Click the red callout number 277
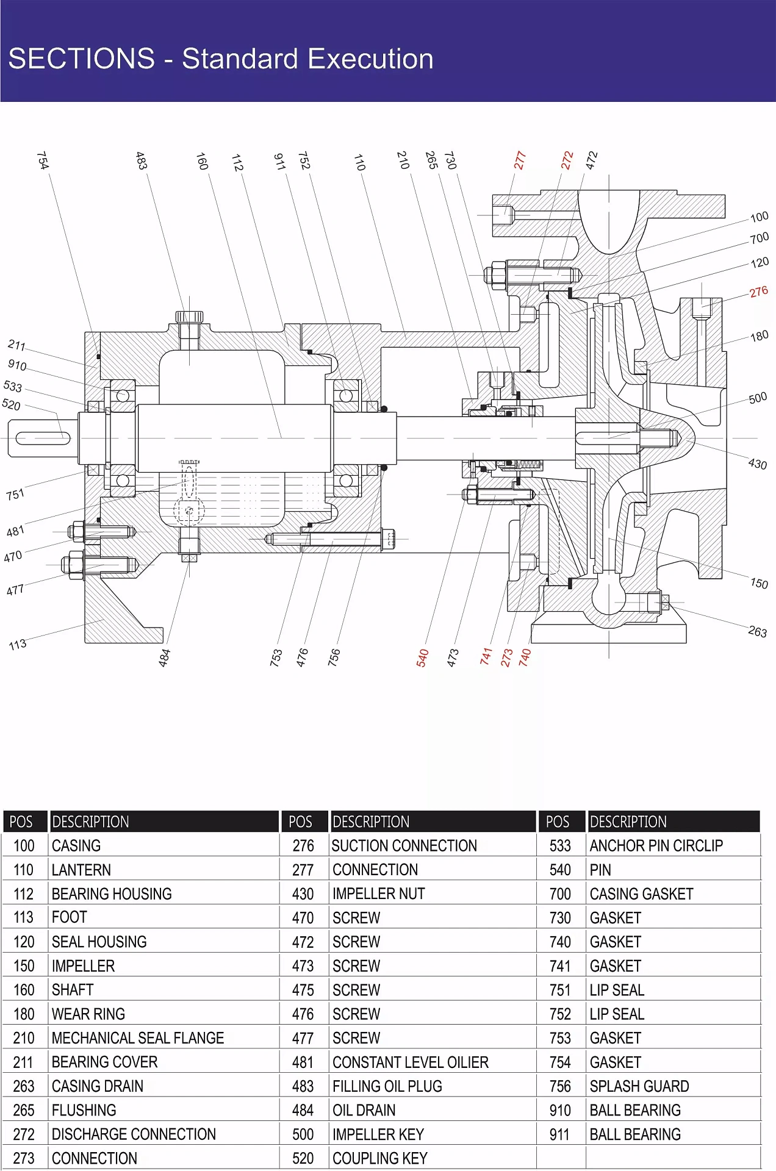pos(519,160)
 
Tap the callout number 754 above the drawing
pos(43,160)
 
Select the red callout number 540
pos(422,657)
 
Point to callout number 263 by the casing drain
pos(757,631)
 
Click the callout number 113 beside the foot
pos(18,644)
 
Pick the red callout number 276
pos(758,292)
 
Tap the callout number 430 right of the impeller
pos(757,464)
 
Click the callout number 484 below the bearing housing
pos(165,657)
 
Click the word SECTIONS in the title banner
pos(82,59)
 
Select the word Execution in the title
pos(370,59)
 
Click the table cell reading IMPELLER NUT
pos(378,893)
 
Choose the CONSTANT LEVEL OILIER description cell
pos(410,1062)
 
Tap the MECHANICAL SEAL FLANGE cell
pos(138,1038)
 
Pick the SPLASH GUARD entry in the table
pos(639,1086)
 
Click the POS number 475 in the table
pos(303,990)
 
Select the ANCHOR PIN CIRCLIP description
pos(656,845)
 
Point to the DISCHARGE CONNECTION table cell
pos(134,1134)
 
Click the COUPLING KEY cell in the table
pos(379,1158)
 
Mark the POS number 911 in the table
pos(559,1134)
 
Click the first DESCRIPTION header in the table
pos(90,822)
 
